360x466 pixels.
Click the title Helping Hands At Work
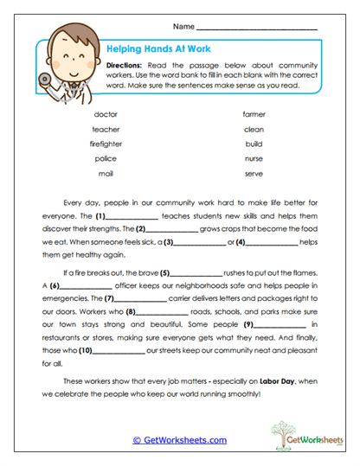pos(157,49)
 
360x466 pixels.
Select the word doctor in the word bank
pos(105,114)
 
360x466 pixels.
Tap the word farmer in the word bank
pos(254,114)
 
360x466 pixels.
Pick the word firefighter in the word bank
pos(105,144)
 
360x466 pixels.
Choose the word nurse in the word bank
pos(254,158)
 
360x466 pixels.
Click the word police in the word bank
pos(105,158)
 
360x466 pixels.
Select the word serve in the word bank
pos(254,173)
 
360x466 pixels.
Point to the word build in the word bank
pos(254,144)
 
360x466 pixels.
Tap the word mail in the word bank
pos(105,173)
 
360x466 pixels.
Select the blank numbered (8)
pos(163,311)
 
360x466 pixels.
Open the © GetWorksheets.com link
pos(179,440)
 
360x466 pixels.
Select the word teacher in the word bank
pos(105,129)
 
